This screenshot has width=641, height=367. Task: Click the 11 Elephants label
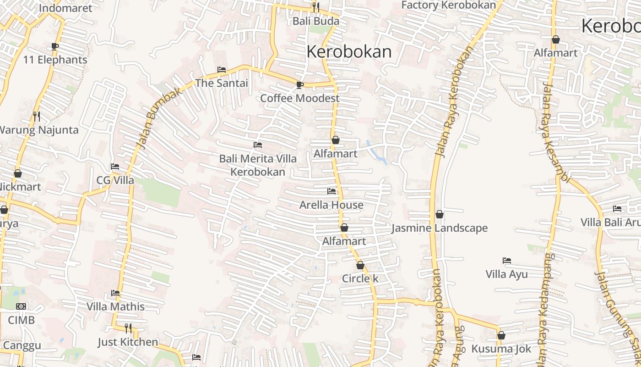click(x=55, y=60)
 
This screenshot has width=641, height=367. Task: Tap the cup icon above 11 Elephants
click(x=55, y=46)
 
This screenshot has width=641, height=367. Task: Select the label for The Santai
click(x=222, y=83)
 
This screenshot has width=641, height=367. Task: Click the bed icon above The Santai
click(x=222, y=70)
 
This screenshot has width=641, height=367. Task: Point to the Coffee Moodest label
click(x=300, y=98)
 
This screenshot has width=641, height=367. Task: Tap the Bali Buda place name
click(x=316, y=21)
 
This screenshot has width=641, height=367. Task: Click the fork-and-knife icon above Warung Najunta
click(x=37, y=117)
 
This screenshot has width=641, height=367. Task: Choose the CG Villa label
click(x=115, y=180)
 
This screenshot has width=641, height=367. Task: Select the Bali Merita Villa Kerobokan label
click(x=258, y=165)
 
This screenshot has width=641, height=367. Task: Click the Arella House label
click(x=331, y=205)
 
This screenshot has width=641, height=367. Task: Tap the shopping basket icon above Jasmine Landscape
click(x=440, y=214)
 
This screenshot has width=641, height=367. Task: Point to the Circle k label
click(x=360, y=279)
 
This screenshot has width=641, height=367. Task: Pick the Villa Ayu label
click(x=506, y=274)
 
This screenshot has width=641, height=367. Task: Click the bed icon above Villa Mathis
click(x=115, y=293)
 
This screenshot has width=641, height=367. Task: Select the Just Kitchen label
click(x=128, y=342)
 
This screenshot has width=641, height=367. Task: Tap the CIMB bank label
click(x=21, y=320)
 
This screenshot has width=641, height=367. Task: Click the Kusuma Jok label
click(x=501, y=349)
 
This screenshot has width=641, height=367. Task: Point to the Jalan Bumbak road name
click(x=159, y=118)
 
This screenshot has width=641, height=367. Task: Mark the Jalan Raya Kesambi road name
click(x=555, y=133)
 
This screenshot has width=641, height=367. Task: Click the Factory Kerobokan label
click(x=449, y=5)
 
